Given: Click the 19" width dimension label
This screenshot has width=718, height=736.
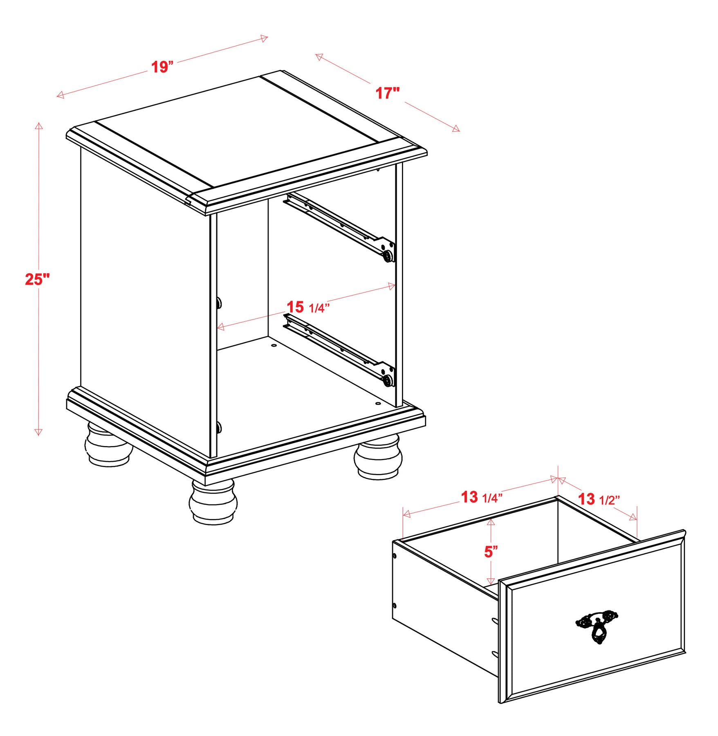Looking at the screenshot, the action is coord(162,67).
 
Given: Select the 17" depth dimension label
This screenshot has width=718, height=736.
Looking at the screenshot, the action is coord(388,93).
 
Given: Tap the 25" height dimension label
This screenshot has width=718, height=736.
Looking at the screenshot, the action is coord(37,279).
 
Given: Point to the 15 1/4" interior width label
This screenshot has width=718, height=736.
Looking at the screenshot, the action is coord(307,307).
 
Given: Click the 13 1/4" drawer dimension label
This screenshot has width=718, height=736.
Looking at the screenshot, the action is coord(482,497).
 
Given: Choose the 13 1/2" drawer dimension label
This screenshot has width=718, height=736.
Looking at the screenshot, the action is coord(599,499).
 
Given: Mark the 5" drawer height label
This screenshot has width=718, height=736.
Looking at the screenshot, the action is coord(491,552).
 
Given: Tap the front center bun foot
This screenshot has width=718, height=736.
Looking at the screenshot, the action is coord(213,502).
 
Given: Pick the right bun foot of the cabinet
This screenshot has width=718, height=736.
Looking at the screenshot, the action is coord(378,457).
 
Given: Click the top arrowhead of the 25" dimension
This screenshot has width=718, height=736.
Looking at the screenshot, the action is coord(39,125).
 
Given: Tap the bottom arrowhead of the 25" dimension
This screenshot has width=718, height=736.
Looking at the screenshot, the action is coord(38,432).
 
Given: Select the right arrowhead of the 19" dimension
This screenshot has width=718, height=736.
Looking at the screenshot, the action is coord(264,38).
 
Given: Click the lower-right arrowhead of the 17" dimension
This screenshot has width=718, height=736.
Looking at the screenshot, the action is coord(456,128).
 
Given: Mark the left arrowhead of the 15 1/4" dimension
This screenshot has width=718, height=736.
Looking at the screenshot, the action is coord(220,326).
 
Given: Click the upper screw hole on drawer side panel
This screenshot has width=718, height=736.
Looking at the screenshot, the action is coord(395,556).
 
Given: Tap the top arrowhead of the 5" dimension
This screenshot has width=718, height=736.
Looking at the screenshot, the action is coord(491,521).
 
